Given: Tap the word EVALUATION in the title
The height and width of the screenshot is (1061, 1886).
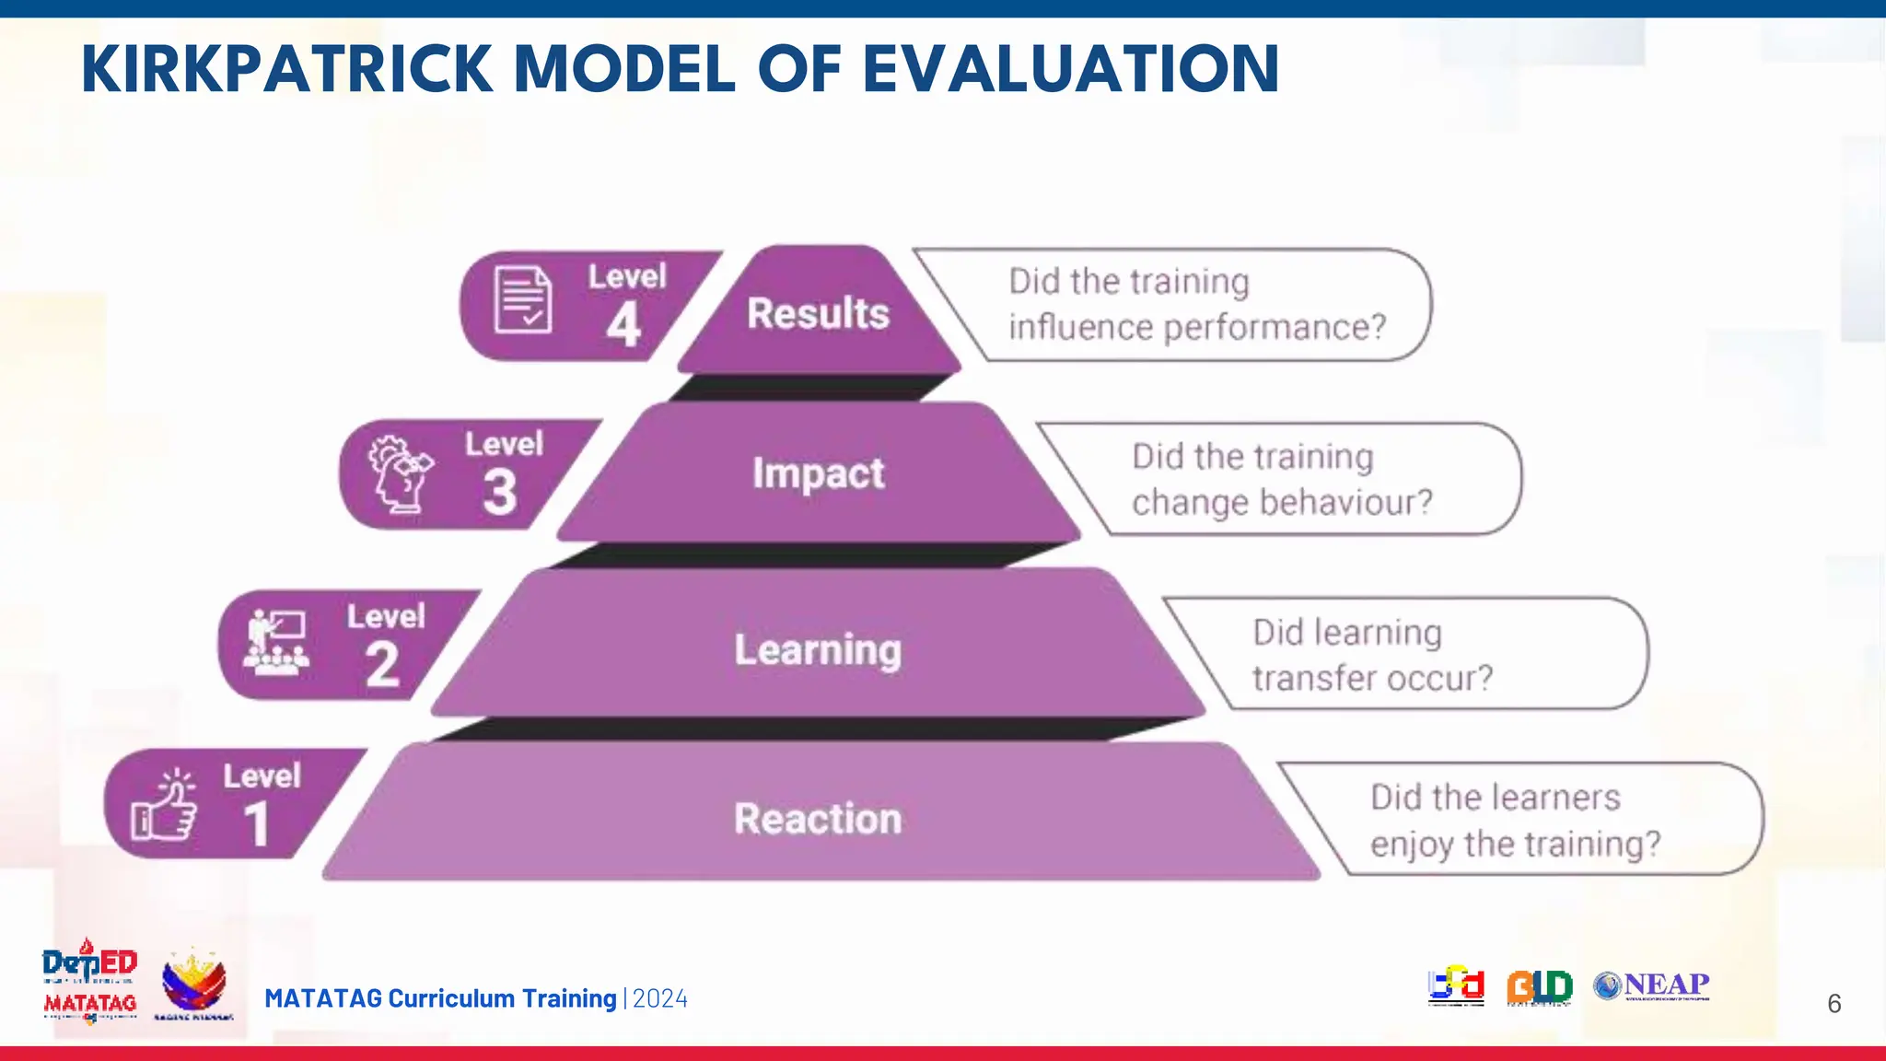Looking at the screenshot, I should (1070, 70).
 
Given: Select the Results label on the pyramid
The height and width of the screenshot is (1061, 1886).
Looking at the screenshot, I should (818, 313).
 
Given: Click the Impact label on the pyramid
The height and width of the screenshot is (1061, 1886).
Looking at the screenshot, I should (818, 473).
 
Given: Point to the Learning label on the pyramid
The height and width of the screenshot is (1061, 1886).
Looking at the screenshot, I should (818, 649).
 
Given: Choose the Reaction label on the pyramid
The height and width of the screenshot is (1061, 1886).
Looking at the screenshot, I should (818, 818).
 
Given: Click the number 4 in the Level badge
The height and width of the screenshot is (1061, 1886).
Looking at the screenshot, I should (623, 325).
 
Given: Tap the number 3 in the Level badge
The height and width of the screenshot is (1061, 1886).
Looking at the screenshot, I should (500, 492).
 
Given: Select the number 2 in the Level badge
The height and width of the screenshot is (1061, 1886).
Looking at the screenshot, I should (382, 664).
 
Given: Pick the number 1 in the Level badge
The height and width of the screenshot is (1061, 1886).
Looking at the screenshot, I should (257, 824).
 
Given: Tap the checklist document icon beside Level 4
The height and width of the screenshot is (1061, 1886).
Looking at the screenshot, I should (523, 299).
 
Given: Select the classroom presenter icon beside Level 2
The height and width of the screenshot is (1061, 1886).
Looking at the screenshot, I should (276, 642).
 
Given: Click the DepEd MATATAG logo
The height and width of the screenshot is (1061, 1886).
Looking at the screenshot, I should (89, 982).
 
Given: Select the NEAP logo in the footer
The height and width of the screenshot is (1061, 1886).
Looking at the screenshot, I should (1652, 985).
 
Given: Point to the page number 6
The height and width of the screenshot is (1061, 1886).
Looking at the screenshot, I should (1834, 1004).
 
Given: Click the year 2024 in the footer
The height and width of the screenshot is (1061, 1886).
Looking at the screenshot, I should (660, 999).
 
